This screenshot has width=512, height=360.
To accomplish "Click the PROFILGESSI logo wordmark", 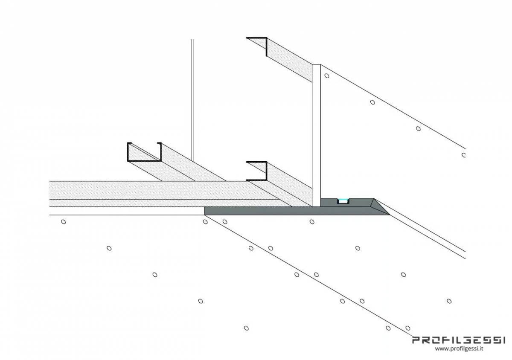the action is [458, 340].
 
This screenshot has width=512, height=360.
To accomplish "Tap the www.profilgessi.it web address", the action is [459, 349].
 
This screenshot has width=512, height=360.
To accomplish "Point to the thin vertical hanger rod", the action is [192, 100].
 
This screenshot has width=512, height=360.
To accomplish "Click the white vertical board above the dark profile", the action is [316, 135].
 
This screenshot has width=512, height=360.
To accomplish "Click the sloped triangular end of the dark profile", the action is [380, 207].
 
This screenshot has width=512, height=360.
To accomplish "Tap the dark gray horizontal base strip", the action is [297, 211].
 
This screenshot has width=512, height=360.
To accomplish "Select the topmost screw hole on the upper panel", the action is [327, 75].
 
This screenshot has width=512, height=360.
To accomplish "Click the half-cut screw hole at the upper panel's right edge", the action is [464, 155].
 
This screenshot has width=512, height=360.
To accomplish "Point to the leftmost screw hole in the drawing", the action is [64, 222].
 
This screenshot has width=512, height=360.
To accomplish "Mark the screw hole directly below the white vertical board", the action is [312, 222].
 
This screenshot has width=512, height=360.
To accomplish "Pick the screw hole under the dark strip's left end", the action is [205, 222].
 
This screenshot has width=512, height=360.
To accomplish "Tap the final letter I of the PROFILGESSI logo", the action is [503, 340].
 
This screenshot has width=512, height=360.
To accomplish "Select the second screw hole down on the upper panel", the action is [372, 102].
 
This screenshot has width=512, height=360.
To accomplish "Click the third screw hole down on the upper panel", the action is [418, 129].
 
